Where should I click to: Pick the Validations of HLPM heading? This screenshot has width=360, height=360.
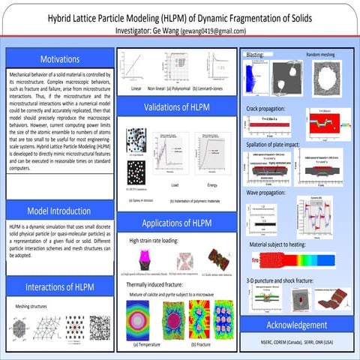coord(177,106)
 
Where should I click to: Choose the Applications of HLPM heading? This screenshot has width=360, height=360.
coord(177,223)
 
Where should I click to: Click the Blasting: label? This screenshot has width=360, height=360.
coord(255,55)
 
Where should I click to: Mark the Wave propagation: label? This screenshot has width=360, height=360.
coord(268,193)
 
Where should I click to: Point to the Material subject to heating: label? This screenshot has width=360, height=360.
coord(284,245)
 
